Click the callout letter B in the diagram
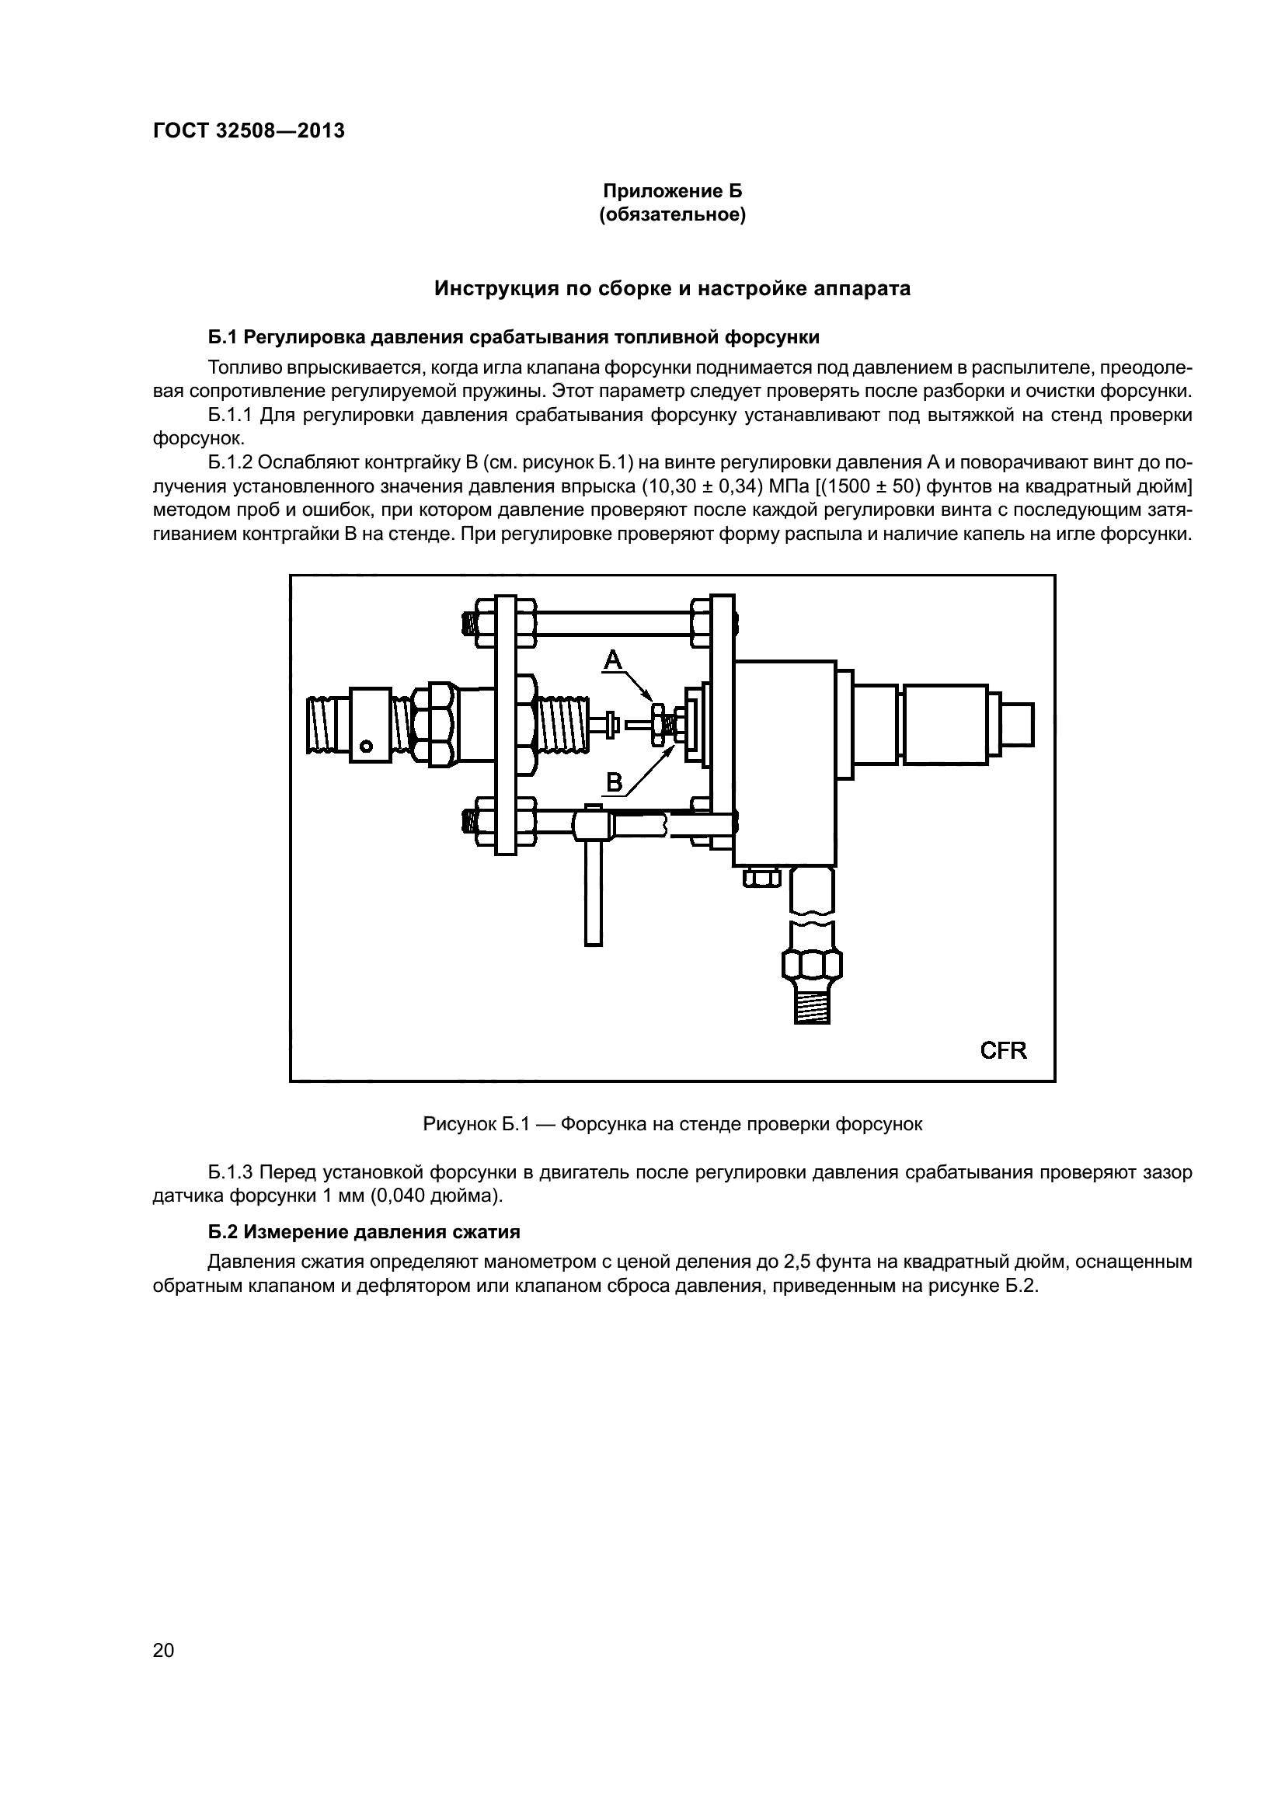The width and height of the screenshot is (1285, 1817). tap(614, 783)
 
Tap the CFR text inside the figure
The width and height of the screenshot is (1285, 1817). tap(1003, 1050)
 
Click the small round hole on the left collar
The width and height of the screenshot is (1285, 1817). tap(366, 746)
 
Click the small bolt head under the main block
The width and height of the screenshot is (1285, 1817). tap(761, 876)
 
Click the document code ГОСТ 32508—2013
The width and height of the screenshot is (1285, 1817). tap(249, 131)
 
